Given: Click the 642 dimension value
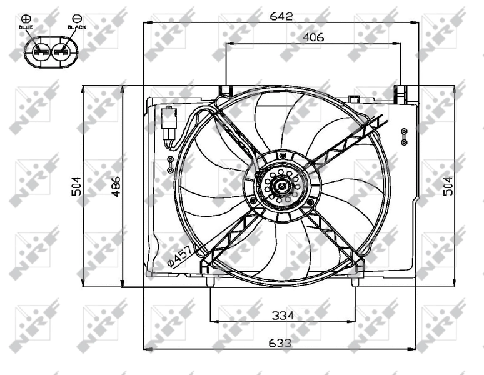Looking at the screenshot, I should [281, 16].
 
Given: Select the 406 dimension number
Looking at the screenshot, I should [313, 37].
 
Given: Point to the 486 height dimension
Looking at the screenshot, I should [116, 186].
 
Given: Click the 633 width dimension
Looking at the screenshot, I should [281, 343].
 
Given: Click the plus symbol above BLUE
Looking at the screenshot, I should [26, 19].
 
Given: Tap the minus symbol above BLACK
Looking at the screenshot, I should [76, 19].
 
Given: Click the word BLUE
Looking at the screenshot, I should [26, 28].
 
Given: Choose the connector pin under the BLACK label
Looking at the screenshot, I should [61, 53].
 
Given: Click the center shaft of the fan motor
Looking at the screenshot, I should [281, 186].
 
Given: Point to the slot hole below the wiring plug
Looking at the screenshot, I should [170, 165].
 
